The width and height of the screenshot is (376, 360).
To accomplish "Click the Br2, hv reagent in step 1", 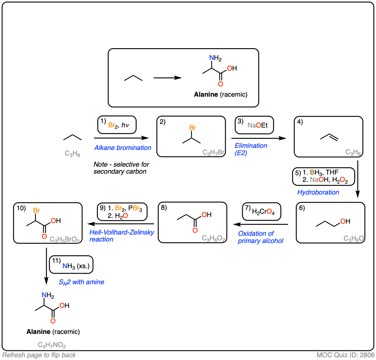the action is [119, 125].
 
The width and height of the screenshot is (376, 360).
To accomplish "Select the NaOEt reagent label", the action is [257, 125].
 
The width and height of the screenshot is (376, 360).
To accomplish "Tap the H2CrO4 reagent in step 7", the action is [263, 212].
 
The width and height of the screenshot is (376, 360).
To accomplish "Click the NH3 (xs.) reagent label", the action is [76, 266].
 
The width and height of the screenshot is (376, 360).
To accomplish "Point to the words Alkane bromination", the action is [123, 148].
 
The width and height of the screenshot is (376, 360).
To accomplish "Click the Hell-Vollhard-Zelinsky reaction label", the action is [122, 236].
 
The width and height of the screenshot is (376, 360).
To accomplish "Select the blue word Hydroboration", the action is [318, 192].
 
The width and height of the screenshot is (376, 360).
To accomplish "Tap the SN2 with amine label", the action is [81, 282].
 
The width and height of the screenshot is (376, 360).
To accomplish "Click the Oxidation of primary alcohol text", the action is [260, 237].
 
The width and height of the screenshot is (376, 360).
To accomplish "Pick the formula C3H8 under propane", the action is [72, 154].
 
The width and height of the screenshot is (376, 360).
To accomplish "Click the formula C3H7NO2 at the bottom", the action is [52, 345].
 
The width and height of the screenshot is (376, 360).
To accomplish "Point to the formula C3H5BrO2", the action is [64, 239].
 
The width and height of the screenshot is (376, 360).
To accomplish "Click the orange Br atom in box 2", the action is [193, 128].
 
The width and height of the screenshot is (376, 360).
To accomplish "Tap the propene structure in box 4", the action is [329, 137].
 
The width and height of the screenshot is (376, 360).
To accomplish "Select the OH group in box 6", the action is [345, 221].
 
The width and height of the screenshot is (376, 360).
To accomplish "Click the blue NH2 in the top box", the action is [215, 58].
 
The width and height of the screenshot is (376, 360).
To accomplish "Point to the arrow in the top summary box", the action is [168, 78].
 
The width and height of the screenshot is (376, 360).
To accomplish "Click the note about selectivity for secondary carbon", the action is [121, 168].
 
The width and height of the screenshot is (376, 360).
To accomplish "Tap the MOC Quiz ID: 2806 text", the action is [345, 355].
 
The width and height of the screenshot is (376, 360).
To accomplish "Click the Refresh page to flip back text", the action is [39, 355].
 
